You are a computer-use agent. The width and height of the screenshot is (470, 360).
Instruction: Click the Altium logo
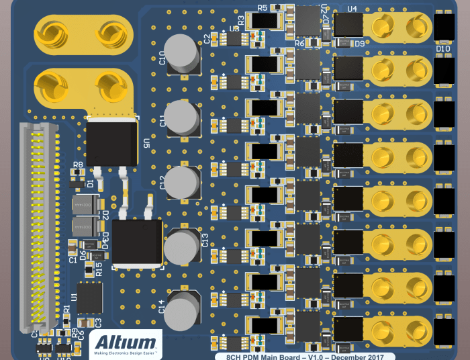(x=126, y=343)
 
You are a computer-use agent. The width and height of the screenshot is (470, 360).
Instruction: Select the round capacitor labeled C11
(x=182, y=117)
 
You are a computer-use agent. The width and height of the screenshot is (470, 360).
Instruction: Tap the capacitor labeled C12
(x=182, y=182)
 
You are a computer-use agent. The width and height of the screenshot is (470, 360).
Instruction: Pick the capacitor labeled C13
(x=181, y=247)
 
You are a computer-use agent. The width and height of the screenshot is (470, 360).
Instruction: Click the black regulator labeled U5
(x=112, y=142)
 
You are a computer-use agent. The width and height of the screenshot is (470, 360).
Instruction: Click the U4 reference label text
(x=352, y=9)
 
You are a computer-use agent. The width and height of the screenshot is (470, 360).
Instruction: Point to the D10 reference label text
(x=443, y=49)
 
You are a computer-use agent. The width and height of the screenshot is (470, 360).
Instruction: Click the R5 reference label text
(x=262, y=7)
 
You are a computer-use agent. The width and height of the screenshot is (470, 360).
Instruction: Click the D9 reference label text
(x=359, y=44)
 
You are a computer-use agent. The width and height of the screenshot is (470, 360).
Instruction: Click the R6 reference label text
(x=299, y=43)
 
